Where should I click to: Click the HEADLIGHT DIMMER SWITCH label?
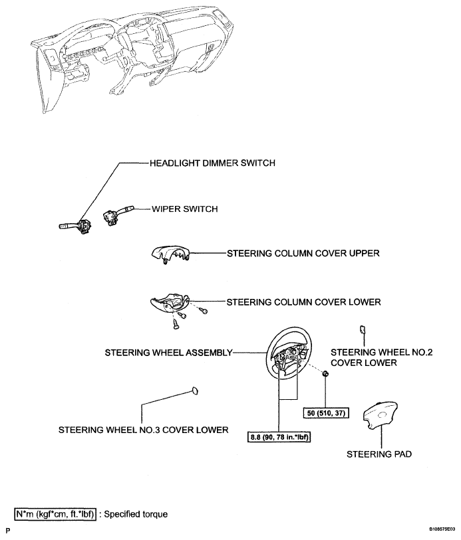tap(212, 163)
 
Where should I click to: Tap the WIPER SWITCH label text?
tap(185, 209)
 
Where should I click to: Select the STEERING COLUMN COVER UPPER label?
tap(303, 253)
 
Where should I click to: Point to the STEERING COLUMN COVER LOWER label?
tap(304, 302)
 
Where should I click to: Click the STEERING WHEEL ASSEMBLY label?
tap(168, 353)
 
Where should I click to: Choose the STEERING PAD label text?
tap(379, 454)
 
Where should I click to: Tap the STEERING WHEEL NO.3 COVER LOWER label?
tap(144, 430)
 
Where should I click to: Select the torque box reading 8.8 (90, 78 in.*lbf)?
tap(279, 437)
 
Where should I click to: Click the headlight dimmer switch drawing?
tap(76, 226)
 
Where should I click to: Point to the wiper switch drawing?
tap(118, 215)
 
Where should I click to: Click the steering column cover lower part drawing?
tap(170, 302)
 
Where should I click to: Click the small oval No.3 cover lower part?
tap(194, 391)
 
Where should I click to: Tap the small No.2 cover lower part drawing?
tap(363, 329)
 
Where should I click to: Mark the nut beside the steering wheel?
tap(325, 373)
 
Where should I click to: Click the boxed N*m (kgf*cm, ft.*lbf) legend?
tap(55, 514)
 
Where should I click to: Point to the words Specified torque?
tap(136, 514)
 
